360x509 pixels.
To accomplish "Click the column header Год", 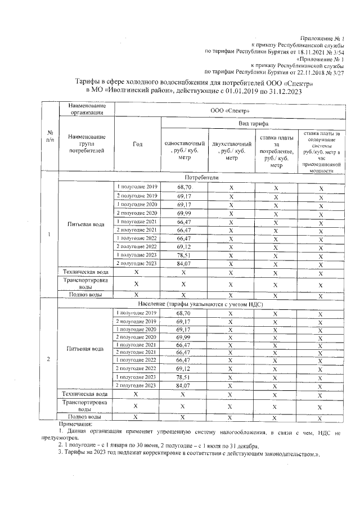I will [138, 144].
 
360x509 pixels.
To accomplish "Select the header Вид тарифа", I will [253, 123].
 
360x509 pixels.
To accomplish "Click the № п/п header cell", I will [49, 136].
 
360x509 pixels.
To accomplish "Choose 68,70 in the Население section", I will [184, 313].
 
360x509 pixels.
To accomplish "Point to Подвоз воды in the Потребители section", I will [85, 294].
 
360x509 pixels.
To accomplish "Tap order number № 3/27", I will [336, 72].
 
